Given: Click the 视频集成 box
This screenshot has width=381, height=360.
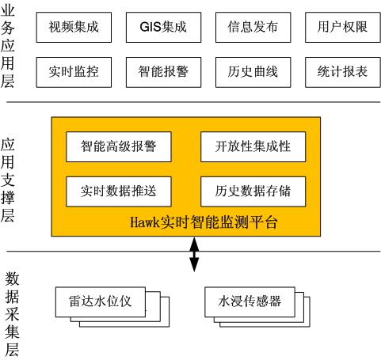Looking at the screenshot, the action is (74, 27).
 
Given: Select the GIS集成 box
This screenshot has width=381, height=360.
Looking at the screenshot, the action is (163, 27).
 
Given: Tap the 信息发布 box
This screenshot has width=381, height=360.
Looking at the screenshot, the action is (253, 27).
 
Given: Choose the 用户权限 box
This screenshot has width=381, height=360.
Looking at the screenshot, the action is (343, 27).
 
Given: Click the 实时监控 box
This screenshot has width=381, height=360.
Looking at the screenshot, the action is (74, 72).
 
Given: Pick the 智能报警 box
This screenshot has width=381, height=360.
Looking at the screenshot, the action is (163, 72).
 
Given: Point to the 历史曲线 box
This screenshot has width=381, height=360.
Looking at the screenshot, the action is (253, 72).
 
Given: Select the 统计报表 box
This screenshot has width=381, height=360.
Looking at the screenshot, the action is (343, 72).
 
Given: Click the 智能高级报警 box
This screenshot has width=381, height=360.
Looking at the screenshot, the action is (119, 146).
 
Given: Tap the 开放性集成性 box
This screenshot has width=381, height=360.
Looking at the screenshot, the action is (253, 146).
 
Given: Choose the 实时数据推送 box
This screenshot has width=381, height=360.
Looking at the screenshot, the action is (119, 191).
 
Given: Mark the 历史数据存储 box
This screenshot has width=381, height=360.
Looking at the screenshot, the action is (253, 191).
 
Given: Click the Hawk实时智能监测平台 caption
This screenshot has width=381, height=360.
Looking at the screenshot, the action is (204, 222).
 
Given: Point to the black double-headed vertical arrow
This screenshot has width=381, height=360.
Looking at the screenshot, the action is (194, 254).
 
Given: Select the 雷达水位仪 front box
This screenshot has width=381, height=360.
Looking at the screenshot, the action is (101, 302).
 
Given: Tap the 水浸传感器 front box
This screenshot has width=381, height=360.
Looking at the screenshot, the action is (250, 302).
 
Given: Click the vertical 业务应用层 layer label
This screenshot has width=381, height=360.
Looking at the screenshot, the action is (7, 46).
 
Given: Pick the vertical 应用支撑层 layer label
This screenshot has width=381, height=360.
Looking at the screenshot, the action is (7, 180).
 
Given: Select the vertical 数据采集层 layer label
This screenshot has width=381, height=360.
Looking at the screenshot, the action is (12, 314).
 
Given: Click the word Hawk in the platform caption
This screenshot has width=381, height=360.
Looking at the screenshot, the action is (145, 222).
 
